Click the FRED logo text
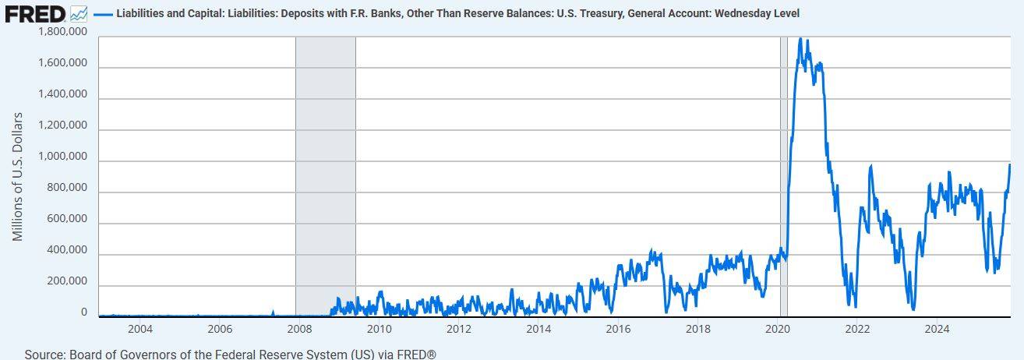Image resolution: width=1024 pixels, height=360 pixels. [x=35, y=13]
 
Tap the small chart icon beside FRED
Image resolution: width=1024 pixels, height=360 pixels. [x=78, y=13]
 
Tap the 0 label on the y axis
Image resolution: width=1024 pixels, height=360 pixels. [x=84, y=312]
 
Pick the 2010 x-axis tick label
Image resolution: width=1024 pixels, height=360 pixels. [x=379, y=329]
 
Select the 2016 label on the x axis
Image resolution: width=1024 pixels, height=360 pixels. [x=618, y=329]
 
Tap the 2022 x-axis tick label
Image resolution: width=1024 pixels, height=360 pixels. [x=857, y=329]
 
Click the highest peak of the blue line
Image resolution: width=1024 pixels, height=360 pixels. [x=800, y=39]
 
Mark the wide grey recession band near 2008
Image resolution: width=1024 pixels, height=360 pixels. [x=325, y=175]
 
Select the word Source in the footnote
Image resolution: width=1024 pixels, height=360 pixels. [x=44, y=354]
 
